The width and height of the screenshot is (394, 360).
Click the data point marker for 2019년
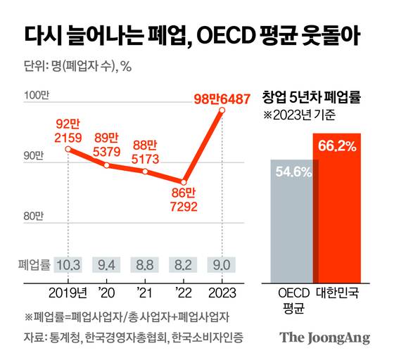click(x=68, y=149)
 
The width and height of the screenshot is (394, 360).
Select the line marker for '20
click(x=106, y=165)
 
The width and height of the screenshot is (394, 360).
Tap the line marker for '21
click(x=145, y=172)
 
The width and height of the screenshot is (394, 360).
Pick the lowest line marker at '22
click(x=184, y=181)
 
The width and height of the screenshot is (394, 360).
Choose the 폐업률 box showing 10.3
click(x=68, y=264)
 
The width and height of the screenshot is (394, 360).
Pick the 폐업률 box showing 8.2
click(x=184, y=264)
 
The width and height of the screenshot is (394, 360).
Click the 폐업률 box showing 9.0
click(x=222, y=264)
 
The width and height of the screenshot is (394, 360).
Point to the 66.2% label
click(x=337, y=146)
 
